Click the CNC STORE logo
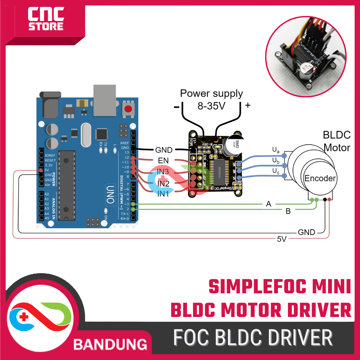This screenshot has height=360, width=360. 46,20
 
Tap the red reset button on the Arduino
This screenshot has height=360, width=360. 128,109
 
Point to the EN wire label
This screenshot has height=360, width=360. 163,160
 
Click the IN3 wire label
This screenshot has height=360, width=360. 163,172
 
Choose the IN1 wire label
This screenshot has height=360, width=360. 163,194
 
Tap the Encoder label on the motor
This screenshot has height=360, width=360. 320,178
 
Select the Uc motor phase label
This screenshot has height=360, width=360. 276,171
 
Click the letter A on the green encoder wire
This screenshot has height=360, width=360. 269,204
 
